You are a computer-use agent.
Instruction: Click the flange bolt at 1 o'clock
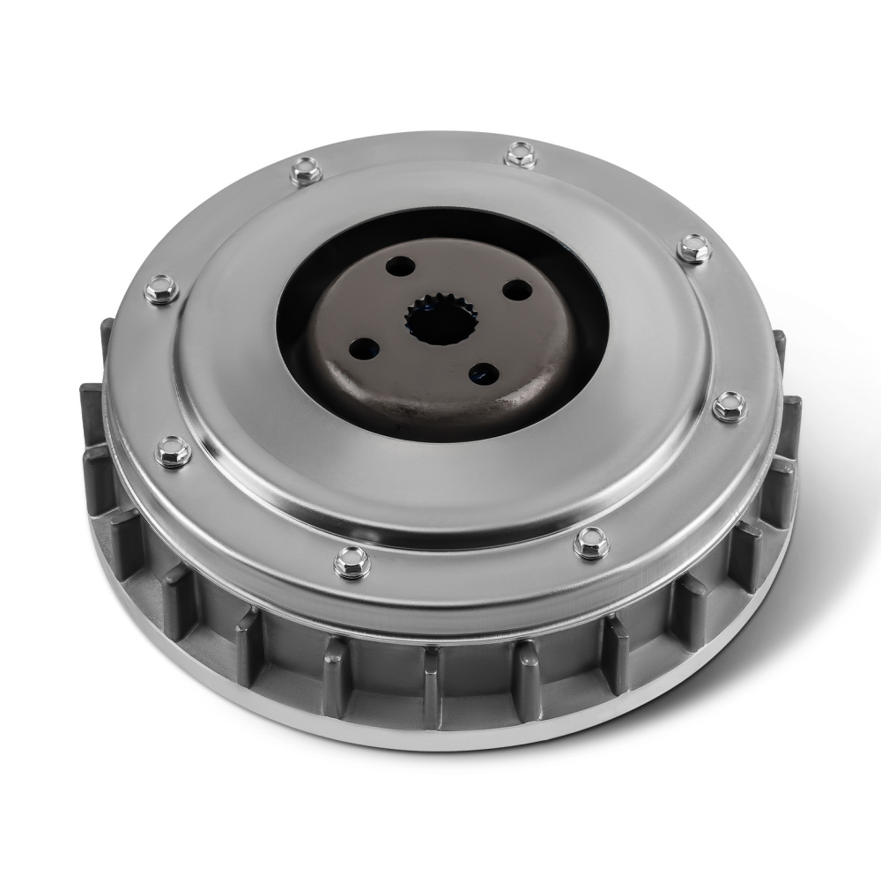pyautogui.click(x=518, y=156)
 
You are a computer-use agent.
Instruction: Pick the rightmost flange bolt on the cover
pyautogui.click(x=727, y=406)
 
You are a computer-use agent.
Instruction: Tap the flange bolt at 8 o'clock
pyautogui.click(x=170, y=454)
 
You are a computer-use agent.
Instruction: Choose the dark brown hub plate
pyautogui.click(x=423, y=396)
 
